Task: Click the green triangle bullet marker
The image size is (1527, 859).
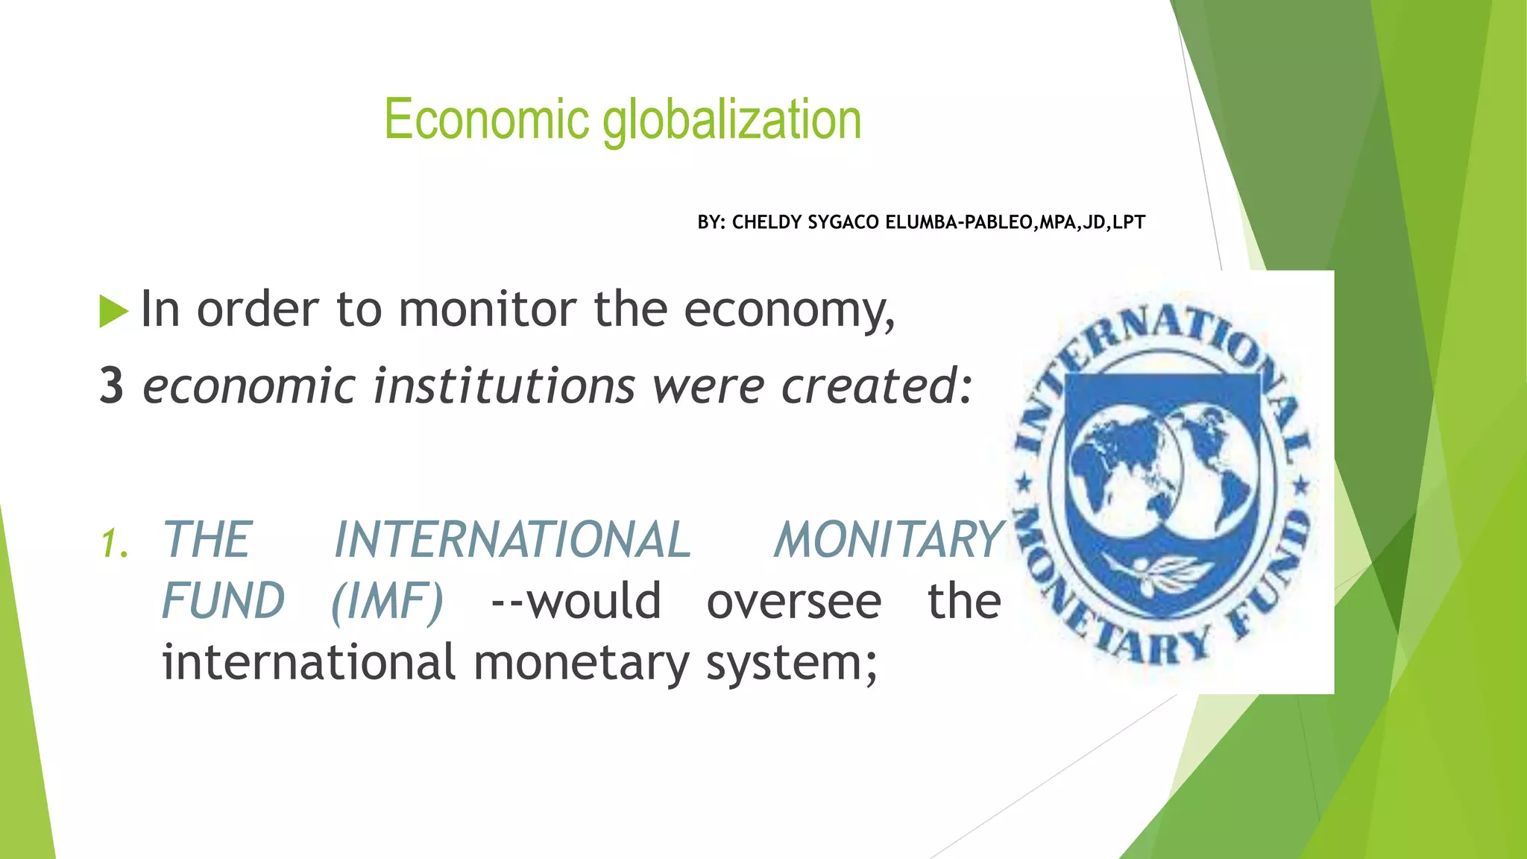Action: click(113, 311)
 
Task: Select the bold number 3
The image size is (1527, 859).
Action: click(112, 386)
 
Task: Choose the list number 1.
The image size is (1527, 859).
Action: click(114, 543)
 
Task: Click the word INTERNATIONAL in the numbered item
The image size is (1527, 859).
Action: click(512, 540)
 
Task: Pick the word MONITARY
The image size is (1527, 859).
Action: click(889, 540)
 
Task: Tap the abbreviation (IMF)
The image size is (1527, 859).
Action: click(387, 601)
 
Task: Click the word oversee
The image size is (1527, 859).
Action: click(793, 601)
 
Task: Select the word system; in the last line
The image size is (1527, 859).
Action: click(792, 662)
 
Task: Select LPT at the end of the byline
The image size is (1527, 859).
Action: click(1129, 222)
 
